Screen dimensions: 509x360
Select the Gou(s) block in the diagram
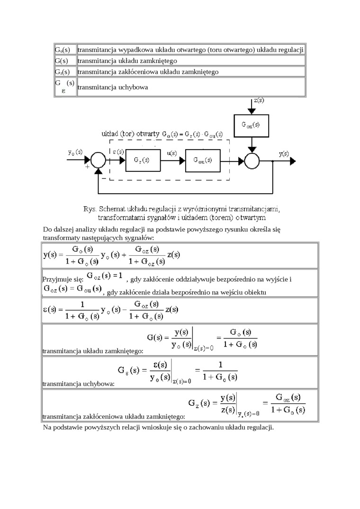tap(203, 160)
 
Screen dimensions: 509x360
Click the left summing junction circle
tap(99, 161)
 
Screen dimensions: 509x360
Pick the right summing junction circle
tap(252, 161)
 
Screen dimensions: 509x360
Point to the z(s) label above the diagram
tap(259, 100)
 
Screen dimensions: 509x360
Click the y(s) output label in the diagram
tap(284, 153)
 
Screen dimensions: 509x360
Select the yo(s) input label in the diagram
tap(75, 152)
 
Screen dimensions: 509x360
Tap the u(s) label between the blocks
tap(172, 153)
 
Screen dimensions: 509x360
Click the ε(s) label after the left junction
tap(118, 152)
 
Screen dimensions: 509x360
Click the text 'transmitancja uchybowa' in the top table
tap(113, 87)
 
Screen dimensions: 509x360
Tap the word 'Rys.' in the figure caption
tap(89, 209)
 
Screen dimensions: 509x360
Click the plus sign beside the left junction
tap(87, 167)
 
